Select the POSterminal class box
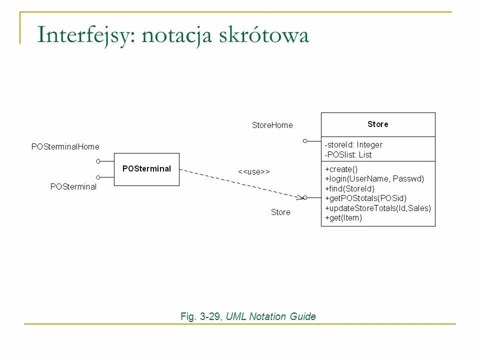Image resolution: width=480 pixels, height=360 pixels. point(146,169)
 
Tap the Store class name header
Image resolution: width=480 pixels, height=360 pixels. point(377,124)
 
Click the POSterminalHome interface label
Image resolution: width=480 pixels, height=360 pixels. point(65,146)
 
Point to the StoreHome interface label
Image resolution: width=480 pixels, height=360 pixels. point(272,125)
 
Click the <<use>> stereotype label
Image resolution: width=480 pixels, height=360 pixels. point(253,171)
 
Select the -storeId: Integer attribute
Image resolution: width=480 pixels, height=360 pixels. point(353,144)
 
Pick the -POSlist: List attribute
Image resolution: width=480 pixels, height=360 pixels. point(348,154)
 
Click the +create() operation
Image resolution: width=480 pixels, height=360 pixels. point(341,169)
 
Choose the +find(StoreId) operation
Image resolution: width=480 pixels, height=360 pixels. point(349,188)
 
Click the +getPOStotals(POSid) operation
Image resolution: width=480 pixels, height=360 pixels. point(365,198)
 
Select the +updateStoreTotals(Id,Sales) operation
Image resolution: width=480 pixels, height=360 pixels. point(377,208)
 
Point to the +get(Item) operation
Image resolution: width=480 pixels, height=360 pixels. point(343,217)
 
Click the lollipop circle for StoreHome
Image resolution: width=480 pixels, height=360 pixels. point(305,141)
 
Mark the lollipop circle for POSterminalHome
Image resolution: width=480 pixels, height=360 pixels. point(98,161)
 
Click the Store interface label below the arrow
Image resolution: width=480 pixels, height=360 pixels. point(280,212)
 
